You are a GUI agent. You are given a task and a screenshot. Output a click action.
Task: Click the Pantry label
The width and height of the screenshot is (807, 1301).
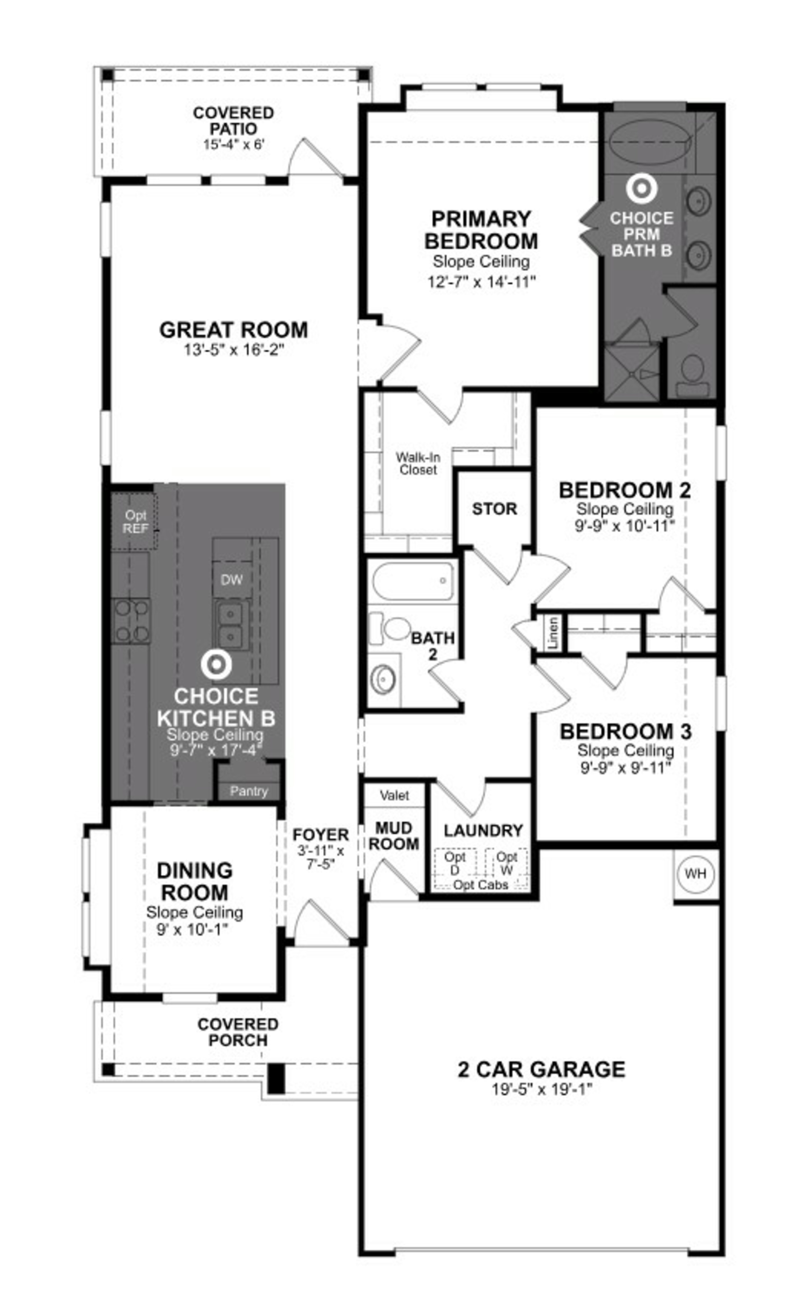pyautogui.click(x=249, y=791)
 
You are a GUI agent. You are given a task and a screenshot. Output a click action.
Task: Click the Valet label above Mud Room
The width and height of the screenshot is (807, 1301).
pyautogui.click(x=394, y=795)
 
